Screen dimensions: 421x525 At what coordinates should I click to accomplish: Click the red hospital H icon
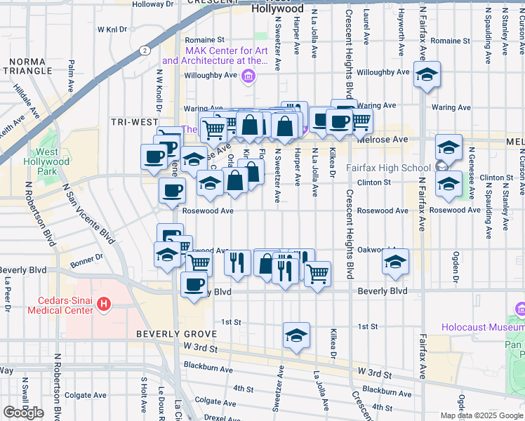coord(104,304)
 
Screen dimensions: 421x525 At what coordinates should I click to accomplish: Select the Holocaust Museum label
coord(483,327)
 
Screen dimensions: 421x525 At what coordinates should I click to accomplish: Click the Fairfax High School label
coord(388,168)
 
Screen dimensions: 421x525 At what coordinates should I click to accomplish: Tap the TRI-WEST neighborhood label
coord(134,122)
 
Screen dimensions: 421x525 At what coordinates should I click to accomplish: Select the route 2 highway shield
coord(143,51)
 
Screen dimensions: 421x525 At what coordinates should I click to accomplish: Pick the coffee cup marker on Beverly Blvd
coord(194,284)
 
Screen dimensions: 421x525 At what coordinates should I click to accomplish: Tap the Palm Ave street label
coord(72,74)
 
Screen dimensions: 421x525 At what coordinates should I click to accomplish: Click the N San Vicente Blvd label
coord(88,215)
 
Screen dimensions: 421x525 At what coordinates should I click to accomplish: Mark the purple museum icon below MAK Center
coord(247,79)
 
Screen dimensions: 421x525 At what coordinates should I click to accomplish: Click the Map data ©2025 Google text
coord(481,415)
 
